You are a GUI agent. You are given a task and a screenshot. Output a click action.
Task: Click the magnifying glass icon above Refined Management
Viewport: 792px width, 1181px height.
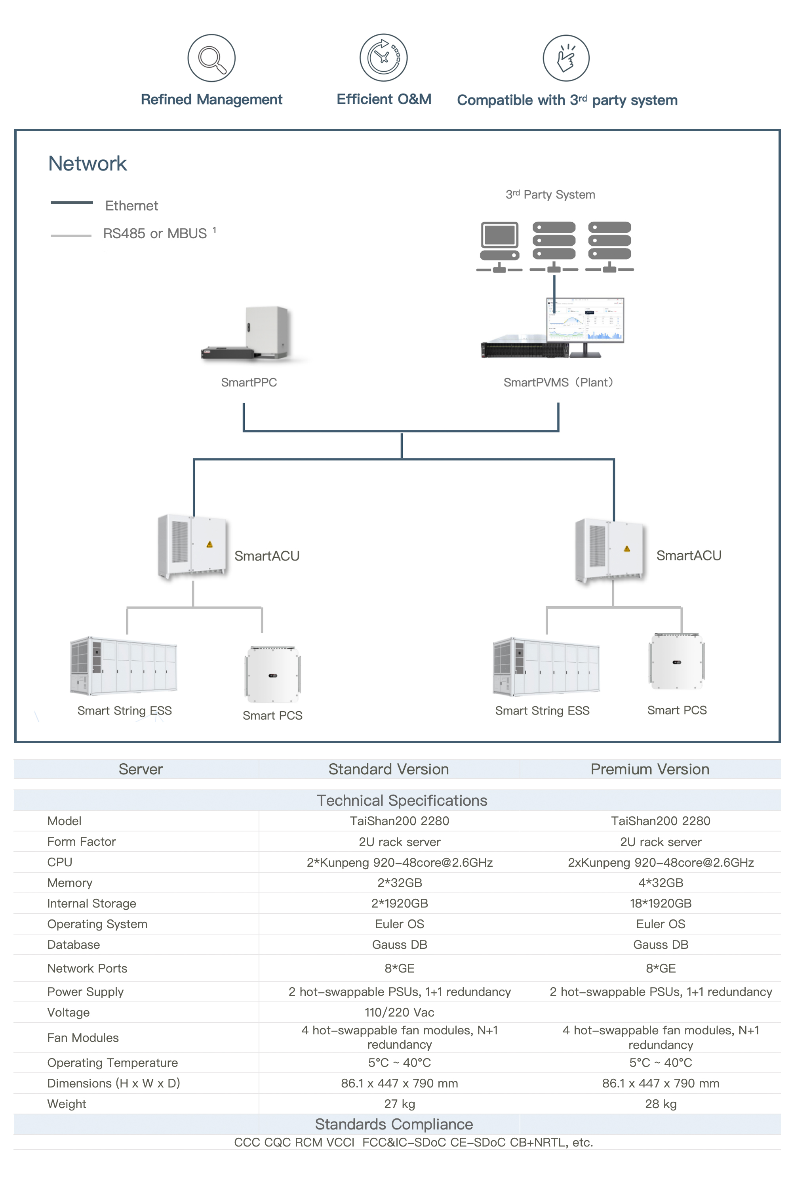211,58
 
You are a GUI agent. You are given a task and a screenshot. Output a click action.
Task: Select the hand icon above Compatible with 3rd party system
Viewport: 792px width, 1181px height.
566,58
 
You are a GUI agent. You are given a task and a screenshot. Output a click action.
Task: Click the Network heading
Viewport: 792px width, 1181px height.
88,164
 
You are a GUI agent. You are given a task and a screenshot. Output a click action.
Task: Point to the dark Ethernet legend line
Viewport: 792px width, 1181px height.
71,203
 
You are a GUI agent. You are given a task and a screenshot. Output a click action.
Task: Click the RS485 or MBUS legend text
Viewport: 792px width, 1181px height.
155,233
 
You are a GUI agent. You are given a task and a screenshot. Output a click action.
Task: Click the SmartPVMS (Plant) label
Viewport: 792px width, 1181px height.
558,382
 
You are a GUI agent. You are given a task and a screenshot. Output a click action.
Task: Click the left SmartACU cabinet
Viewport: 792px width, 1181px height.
192,546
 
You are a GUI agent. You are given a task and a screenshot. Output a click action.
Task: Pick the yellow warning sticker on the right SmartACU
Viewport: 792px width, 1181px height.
627,549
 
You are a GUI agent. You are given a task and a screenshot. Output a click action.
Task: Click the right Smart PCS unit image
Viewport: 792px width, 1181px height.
676,661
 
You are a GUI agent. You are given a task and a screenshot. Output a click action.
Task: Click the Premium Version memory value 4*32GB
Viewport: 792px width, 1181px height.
660,883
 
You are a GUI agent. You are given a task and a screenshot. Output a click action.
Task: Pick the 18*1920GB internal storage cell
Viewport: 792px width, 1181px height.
660,904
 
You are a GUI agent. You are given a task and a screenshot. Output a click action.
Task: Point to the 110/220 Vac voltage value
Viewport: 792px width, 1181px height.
399,1012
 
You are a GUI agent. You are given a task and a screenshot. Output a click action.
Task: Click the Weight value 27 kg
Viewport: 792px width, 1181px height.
399,1104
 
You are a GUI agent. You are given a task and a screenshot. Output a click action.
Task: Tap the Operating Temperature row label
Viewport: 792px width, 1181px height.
112,1063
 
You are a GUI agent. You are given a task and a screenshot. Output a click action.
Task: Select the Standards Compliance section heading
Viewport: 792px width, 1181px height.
394,1124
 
